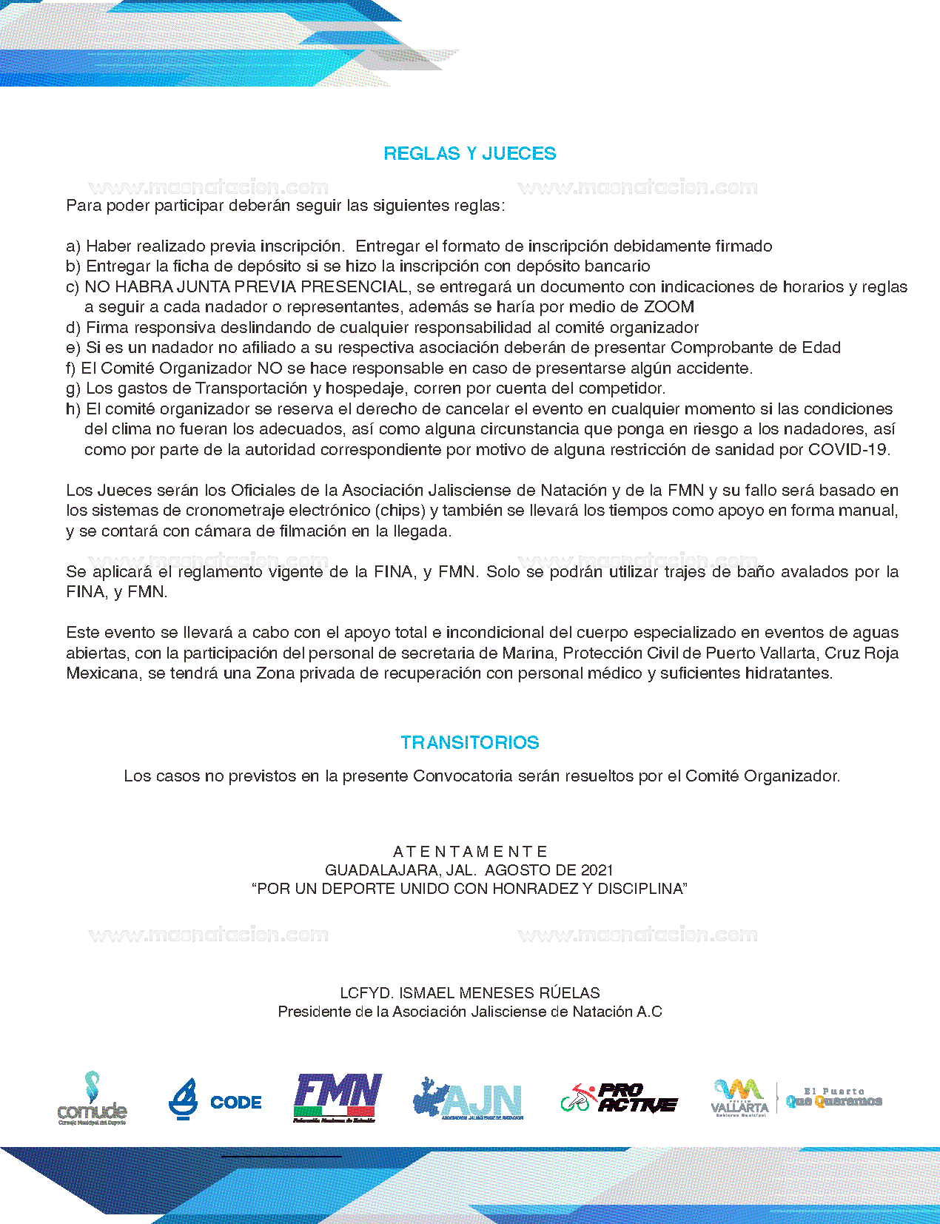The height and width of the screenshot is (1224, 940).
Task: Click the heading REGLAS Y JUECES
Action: tap(469, 153)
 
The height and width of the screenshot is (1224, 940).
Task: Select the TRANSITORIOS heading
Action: tap(469, 742)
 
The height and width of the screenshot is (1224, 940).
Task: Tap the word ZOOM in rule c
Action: tap(668, 306)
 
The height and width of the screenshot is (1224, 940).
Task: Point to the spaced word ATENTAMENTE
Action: tap(469, 851)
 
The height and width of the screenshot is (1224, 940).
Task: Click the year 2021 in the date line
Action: tap(597, 870)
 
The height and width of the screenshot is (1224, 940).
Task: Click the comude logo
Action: tap(92, 1099)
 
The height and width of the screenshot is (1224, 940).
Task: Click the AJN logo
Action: tap(469, 1100)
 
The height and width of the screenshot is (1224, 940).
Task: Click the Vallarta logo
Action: tap(739, 1098)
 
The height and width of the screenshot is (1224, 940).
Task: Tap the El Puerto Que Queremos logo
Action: tap(833, 1098)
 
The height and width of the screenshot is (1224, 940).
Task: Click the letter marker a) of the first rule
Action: tap(73, 246)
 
